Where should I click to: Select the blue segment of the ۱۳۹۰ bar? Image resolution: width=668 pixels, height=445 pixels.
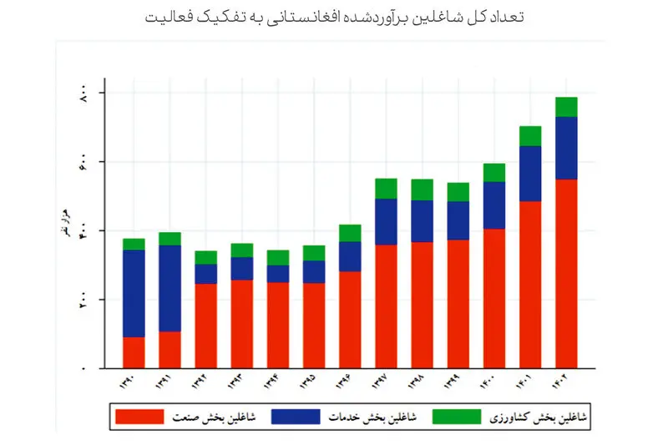click(x=134, y=293)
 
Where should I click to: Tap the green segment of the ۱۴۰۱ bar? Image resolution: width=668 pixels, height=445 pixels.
click(x=530, y=136)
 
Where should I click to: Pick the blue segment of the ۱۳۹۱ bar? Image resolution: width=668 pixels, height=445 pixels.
click(x=170, y=288)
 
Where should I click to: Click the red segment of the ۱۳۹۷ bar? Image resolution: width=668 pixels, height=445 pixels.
click(x=386, y=306)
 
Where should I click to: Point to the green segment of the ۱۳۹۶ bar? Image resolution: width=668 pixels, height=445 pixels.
click(x=350, y=233)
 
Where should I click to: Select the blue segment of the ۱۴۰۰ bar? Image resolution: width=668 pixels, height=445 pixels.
click(x=494, y=205)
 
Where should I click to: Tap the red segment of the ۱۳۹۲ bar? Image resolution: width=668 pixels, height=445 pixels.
click(x=205, y=326)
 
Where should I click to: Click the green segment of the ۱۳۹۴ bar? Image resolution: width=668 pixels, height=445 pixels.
click(x=278, y=257)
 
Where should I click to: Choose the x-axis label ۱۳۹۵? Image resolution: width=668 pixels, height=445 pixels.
click(x=314, y=385)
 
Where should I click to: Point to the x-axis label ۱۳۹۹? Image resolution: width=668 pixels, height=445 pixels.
click(x=458, y=385)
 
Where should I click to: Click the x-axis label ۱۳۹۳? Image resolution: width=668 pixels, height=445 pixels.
click(x=242, y=385)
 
